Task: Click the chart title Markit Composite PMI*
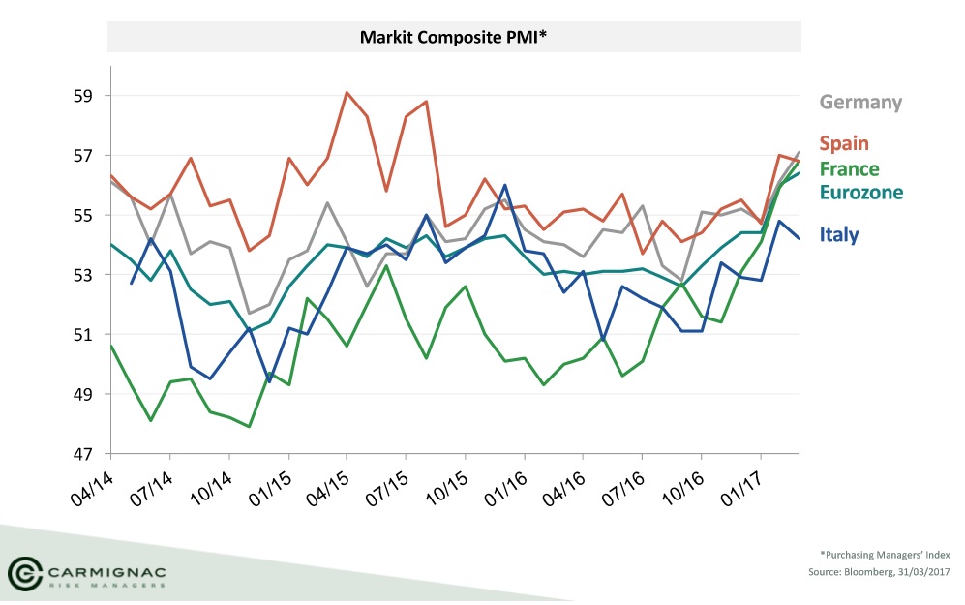454,38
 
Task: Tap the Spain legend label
844,143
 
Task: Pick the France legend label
849,168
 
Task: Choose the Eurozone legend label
860,192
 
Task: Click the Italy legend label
838,233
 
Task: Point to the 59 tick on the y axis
82,96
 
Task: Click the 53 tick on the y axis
82,275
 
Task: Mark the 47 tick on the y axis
82,454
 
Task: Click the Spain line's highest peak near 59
347,93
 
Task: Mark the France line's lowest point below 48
249,426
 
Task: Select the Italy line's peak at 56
504,185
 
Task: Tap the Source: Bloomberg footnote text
879,574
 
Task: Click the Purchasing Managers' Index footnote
885,555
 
